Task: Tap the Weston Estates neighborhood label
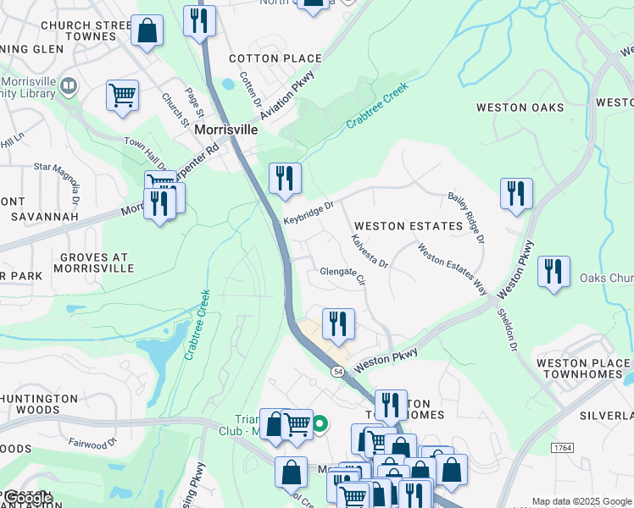pos(409,226)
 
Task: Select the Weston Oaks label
pos(520,108)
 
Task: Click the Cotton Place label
pos(276,58)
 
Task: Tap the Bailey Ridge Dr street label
pos(466,218)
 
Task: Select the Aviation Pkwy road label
pos(288,96)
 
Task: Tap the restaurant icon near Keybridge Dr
pos(285,178)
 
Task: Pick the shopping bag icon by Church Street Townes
pos(147,30)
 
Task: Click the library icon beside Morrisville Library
pos(69,86)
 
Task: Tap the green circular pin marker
pos(320,423)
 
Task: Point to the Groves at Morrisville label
pos(94,262)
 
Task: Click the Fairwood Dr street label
pos(88,444)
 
